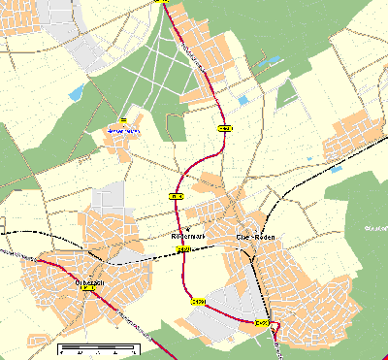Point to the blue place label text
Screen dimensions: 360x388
(x=123, y=129)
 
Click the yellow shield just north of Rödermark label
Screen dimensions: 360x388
(x=177, y=196)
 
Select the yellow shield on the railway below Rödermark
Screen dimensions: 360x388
(x=182, y=249)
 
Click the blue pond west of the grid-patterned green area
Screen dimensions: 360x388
(x=76, y=93)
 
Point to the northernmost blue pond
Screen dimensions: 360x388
(x=272, y=61)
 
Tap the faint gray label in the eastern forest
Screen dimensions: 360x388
(x=374, y=228)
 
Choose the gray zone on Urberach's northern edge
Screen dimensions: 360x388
(x=113, y=194)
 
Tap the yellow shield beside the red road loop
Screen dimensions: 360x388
(x=260, y=321)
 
